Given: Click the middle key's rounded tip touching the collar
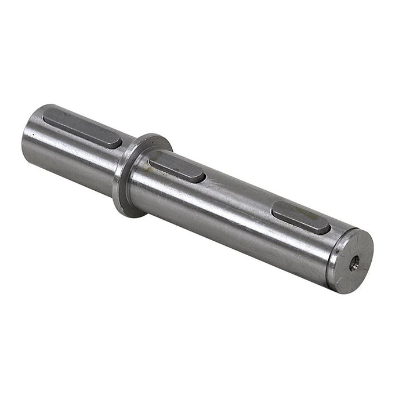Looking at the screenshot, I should click(152, 157).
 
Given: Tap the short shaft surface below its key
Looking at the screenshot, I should click(70, 157).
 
